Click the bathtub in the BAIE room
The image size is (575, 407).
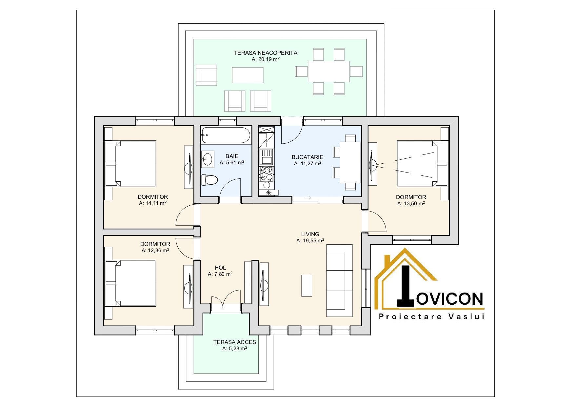[226, 135]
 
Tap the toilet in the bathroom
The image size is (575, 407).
[209, 180]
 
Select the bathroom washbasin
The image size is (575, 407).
[207, 159]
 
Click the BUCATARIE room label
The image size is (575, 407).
[307, 157]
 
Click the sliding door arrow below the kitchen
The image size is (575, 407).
[307, 198]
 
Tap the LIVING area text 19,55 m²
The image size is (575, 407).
[310, 240]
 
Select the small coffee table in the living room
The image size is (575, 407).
[307, 286]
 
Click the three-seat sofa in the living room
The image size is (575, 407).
[339, 281]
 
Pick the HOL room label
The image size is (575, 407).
[220, 268]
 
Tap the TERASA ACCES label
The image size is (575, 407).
[235, 342]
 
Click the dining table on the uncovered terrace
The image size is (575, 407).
[328, 71]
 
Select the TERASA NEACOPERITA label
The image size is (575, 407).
[266, 53]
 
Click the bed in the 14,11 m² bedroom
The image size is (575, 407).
[130, 164]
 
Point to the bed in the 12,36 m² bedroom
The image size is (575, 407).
[130, 283]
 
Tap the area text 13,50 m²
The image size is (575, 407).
[411, 203]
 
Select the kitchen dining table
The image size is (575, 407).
[350, 162]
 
